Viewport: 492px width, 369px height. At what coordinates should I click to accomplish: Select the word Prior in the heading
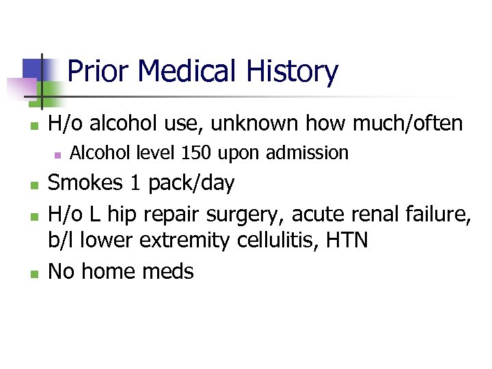click(100, 71)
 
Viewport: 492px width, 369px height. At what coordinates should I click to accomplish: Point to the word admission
click(307, 153)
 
